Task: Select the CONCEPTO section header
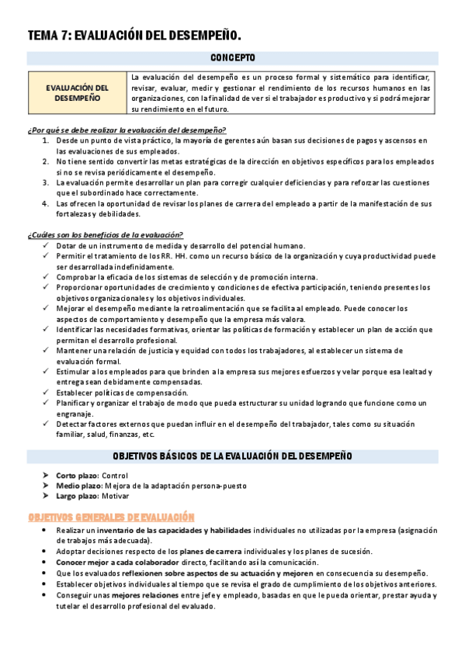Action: (232, 58)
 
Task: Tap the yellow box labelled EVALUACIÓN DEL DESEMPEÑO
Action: (77, 93)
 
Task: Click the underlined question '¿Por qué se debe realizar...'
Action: (127, 130)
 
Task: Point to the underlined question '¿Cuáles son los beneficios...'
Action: (105, 234)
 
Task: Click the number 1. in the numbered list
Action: (47, 140)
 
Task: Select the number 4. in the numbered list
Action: (47, 203)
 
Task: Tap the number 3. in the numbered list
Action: (47, 182)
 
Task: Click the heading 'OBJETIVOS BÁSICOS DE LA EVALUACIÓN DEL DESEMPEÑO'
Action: (232, 455)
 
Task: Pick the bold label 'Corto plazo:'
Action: (78, 475)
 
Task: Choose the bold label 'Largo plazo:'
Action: (78, 496)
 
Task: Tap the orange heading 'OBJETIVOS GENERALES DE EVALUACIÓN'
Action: (111, 517)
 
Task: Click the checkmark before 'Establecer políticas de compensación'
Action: (47, 392)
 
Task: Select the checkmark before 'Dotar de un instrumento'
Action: (47, 245)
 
